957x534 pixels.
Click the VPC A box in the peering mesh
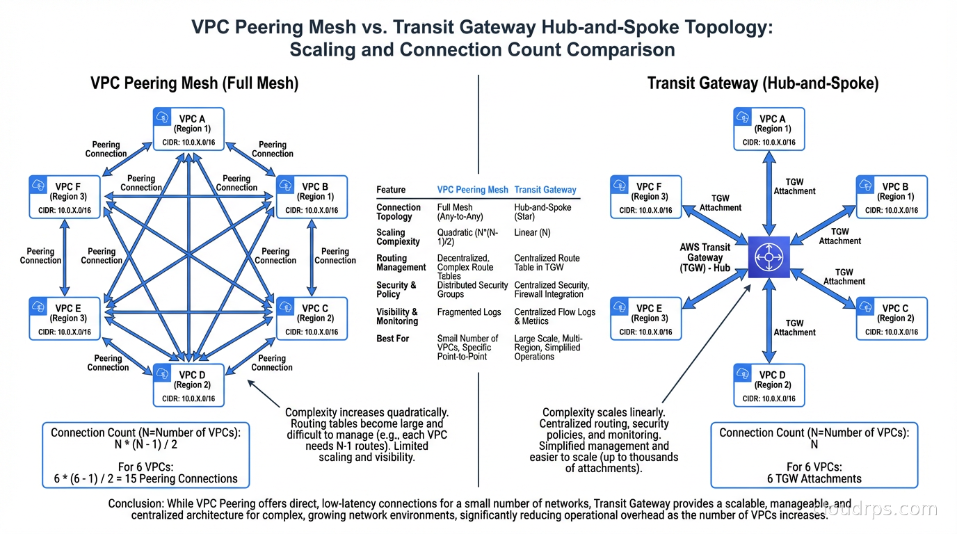(188, 129)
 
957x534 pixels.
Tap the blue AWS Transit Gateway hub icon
(769, 257)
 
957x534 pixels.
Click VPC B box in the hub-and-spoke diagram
(891, 197)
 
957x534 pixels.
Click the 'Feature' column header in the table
(391, 190)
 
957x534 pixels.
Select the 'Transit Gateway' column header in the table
(545, 190)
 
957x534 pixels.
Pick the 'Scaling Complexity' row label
(398, 237)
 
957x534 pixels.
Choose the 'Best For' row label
(393, 339)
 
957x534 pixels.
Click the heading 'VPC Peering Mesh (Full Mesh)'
(194, 83)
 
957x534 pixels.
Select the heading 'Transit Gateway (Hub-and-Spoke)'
(763, 83)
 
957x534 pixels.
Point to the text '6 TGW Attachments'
(814, 478)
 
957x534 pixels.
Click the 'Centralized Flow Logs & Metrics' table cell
(554, 316)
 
